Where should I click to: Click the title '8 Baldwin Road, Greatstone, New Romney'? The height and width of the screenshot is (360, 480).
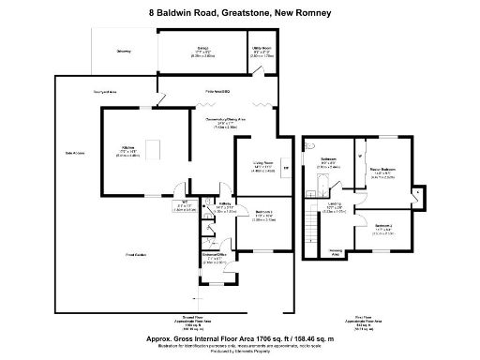[x=240, y=12]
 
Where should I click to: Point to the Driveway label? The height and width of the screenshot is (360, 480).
[x=124, y=52]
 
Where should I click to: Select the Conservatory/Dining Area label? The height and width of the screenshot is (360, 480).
[x=226, y=121]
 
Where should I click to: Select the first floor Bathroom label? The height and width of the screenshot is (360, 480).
[x=328, y=160]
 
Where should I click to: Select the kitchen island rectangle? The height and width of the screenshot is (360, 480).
[x=157, y=149]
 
